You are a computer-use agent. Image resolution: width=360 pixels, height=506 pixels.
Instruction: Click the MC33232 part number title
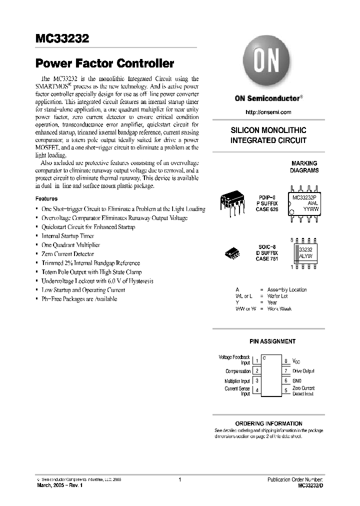62,38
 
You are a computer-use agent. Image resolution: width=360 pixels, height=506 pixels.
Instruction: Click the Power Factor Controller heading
104,63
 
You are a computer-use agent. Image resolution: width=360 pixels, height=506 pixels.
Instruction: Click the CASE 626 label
266,211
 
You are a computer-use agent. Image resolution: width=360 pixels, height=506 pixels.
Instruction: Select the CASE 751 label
266,259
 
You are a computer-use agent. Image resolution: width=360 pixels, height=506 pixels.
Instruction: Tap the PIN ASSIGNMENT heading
272,341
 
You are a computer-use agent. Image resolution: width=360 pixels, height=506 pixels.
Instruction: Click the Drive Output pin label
303,371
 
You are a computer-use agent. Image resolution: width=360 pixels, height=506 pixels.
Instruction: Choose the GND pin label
297,381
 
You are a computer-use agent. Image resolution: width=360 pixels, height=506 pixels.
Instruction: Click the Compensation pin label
238,371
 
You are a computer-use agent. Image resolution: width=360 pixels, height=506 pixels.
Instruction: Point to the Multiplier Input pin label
237,381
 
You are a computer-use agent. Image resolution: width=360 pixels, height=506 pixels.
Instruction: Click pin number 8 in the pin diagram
285,360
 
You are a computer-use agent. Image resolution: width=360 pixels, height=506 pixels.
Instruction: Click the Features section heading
46,198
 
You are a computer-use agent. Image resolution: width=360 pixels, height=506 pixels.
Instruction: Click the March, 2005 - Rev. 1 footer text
60,485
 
